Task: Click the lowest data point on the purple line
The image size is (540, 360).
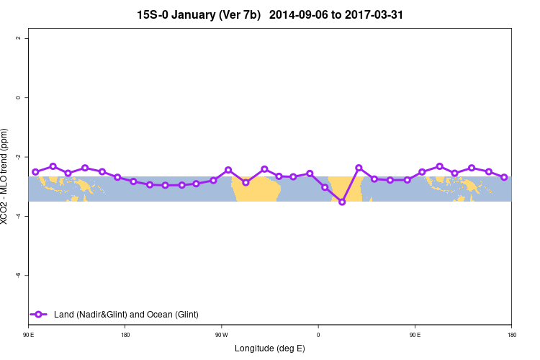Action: (x=342, y=202)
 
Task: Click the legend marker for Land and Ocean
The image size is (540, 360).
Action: (x=40, y=314)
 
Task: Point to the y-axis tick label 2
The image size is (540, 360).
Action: (x=17, y=38)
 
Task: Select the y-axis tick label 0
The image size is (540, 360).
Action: (x=17, y=97)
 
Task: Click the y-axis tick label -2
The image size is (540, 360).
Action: (x=17, y=156)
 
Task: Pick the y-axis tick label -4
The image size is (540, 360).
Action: (x=17, y=216)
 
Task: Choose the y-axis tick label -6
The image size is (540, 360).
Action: (x=17, y=275)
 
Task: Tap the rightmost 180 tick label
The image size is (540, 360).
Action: (x=511, y=335)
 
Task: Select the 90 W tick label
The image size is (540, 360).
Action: (x=221, y=335)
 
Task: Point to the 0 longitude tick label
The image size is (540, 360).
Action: (x=318, y=335)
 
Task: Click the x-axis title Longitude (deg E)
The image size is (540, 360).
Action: (x=270, y=348)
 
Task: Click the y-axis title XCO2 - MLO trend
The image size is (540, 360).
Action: (x=6, y=177)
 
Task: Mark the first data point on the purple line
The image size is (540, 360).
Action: (x=35, y=171)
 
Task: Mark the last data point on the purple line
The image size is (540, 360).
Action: (x=504, y=177)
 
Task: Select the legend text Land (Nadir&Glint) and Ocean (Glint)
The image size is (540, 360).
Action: (x=126, y=314)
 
